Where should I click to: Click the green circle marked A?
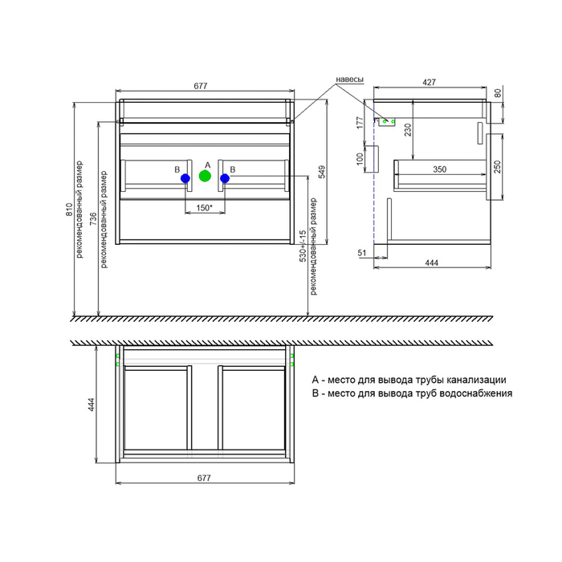tap(205, 176)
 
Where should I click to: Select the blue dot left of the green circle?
tap(185, 178)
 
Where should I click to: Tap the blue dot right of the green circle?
tap(225, 178)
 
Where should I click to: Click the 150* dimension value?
tap(204, 207)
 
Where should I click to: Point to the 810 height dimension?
tap(69, 210)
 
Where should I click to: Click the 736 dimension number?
tap(93, 218)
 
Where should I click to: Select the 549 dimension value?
tap(322, 172)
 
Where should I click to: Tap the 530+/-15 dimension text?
tap(303, 246)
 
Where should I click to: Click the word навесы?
tap(349, 79)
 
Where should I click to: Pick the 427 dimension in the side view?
tap(429, 82)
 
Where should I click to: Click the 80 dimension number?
tap(498, 94)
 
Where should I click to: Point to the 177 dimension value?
tap(360, 123)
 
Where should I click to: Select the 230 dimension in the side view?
tap(408, 130)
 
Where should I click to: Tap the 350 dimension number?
tap(439, 169)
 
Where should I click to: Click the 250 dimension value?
tap(497, 167)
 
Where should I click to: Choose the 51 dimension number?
tap(362, 253)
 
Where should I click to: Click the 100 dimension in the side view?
tap(360, 159)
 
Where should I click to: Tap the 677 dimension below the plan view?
tap(204, 478)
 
